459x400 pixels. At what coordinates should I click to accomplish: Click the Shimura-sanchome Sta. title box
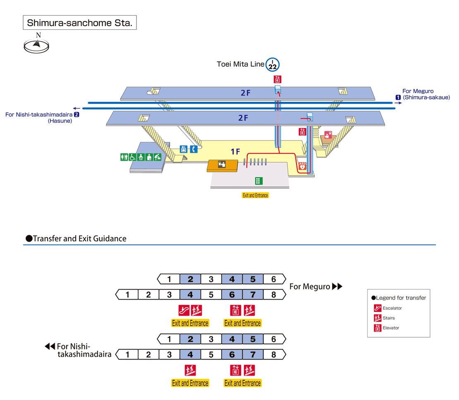coord(79,23)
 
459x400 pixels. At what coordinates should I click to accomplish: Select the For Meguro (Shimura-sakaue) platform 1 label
coord(423,95)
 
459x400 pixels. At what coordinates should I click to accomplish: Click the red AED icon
coord(303,167)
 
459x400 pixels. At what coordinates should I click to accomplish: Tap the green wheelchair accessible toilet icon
coord(132,157)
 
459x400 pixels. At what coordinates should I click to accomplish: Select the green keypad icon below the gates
coord(258,181)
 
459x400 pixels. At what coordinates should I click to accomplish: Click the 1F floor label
coord(235,152)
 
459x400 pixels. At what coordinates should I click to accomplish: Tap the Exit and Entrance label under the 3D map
coord(255,195)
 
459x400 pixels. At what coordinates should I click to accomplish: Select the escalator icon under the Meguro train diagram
coord(184,310)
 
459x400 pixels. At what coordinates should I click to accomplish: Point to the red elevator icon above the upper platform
coord(277,79)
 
